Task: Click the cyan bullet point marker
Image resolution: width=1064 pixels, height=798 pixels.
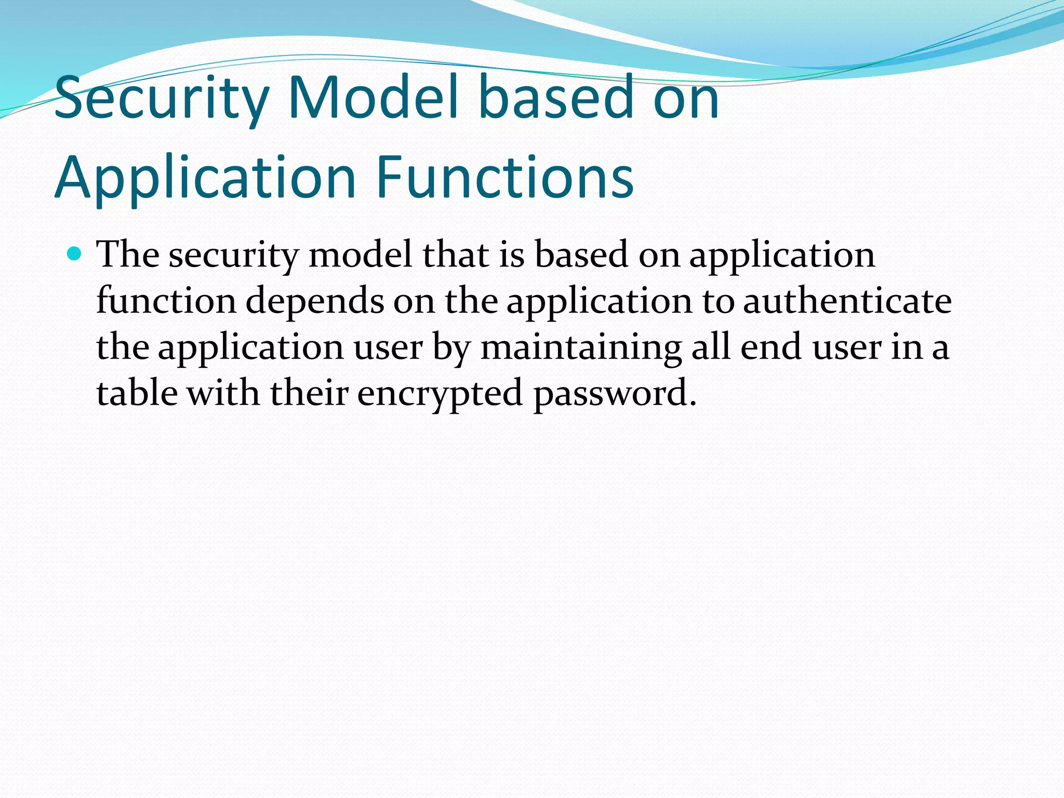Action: pyautogui.click(x=75, y=254)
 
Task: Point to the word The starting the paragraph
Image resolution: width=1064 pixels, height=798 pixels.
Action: pyautogui.click(x=128, y=255)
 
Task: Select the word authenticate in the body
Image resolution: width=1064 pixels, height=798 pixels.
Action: pyautogui.click(x=847, y=301)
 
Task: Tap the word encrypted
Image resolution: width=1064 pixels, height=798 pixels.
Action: pyautogui.click(x=440, y=394)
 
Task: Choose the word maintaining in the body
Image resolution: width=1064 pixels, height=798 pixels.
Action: pyautogui.click(x=581, y=347)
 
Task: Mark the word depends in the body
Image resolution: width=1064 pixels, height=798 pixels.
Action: pyautogui.click(x=314, y=301)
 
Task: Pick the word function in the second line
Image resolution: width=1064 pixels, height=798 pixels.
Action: pyautogui.click(x=166, y=301)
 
